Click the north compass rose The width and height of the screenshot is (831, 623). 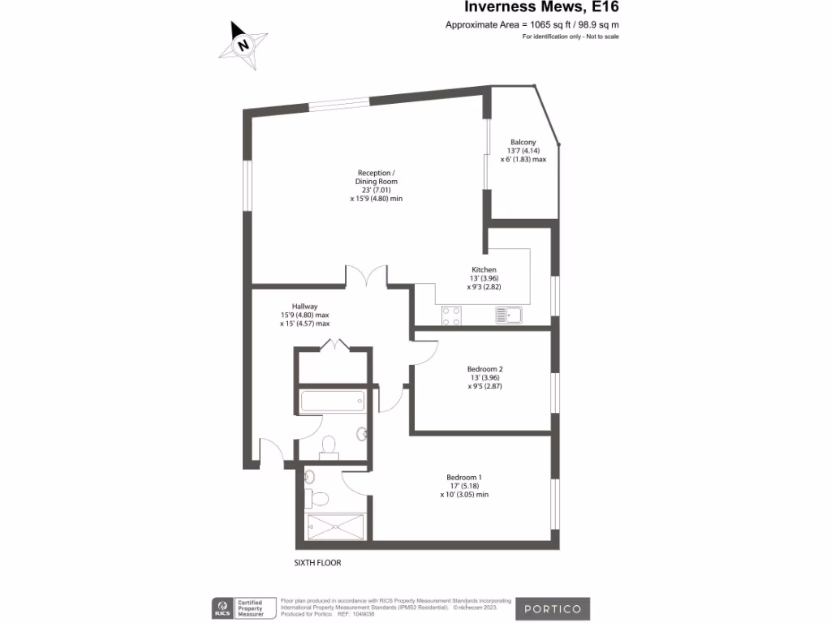243,44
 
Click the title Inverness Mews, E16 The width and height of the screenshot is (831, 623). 533,7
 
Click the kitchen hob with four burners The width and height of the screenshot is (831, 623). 451,315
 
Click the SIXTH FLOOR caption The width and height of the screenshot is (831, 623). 323,562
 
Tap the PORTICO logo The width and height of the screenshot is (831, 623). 556,608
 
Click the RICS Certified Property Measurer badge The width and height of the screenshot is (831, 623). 243,608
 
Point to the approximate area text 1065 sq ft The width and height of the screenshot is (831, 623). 532,25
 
